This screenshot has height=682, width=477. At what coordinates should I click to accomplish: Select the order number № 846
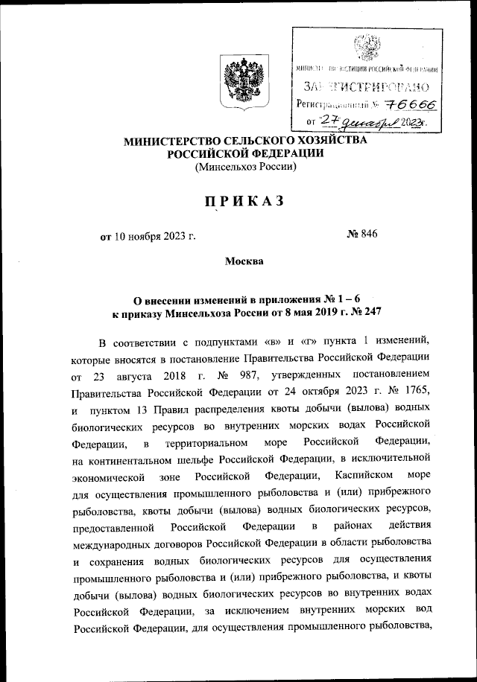point(362,236)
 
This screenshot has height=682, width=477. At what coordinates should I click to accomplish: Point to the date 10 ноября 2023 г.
point(155,237)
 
